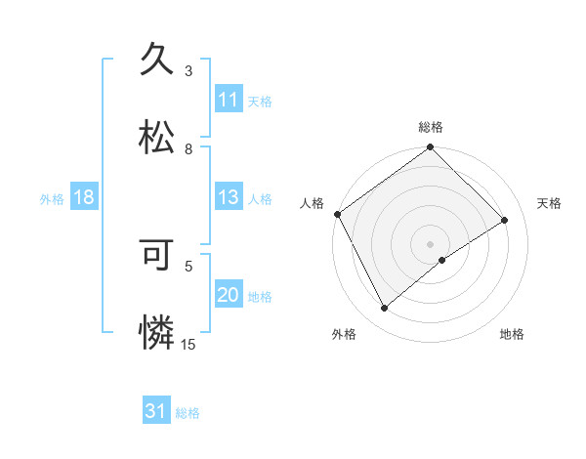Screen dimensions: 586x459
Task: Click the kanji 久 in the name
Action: tap(157, 60)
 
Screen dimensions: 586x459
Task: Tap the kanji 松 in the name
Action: tap(157, 138)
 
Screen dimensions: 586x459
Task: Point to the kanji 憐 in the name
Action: tap(157, 332)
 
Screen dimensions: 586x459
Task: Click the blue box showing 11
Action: tap(229, 100)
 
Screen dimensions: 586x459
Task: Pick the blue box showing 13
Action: tap(229, 197)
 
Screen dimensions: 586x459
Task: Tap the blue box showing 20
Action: tap(229, 295)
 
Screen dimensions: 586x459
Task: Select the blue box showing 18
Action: tap(84, 197)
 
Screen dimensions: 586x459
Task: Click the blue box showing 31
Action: tap(156, 412)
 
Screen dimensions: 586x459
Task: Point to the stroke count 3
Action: tap(188, 71)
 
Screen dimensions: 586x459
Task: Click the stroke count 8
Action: tap(188, 149)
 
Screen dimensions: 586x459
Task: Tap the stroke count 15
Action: tap(188, 344)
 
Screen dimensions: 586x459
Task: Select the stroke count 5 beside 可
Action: tap(188, 265)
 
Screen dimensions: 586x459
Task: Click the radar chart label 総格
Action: tap(431, 127)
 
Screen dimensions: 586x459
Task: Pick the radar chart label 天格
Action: tap(550, 203)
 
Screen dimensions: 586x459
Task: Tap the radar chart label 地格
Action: tap(512, 335)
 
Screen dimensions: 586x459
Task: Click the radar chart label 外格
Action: tap(344, 335)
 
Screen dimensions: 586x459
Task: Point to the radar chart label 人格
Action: tap(312, 203)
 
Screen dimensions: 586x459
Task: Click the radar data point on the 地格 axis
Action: tap(442, 260)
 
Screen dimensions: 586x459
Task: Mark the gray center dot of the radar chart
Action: tap(430, 243)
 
